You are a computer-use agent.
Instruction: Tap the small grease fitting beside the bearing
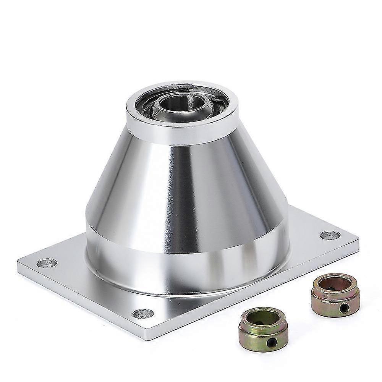(x=217, y=100)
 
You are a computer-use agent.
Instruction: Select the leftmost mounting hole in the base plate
(x=47, y=262)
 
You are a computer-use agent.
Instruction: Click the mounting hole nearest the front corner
(x=143, y=314)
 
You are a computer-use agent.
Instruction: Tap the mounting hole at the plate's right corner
(x=330, y=235)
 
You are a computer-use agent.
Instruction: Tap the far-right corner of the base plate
(x=358, y=239)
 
